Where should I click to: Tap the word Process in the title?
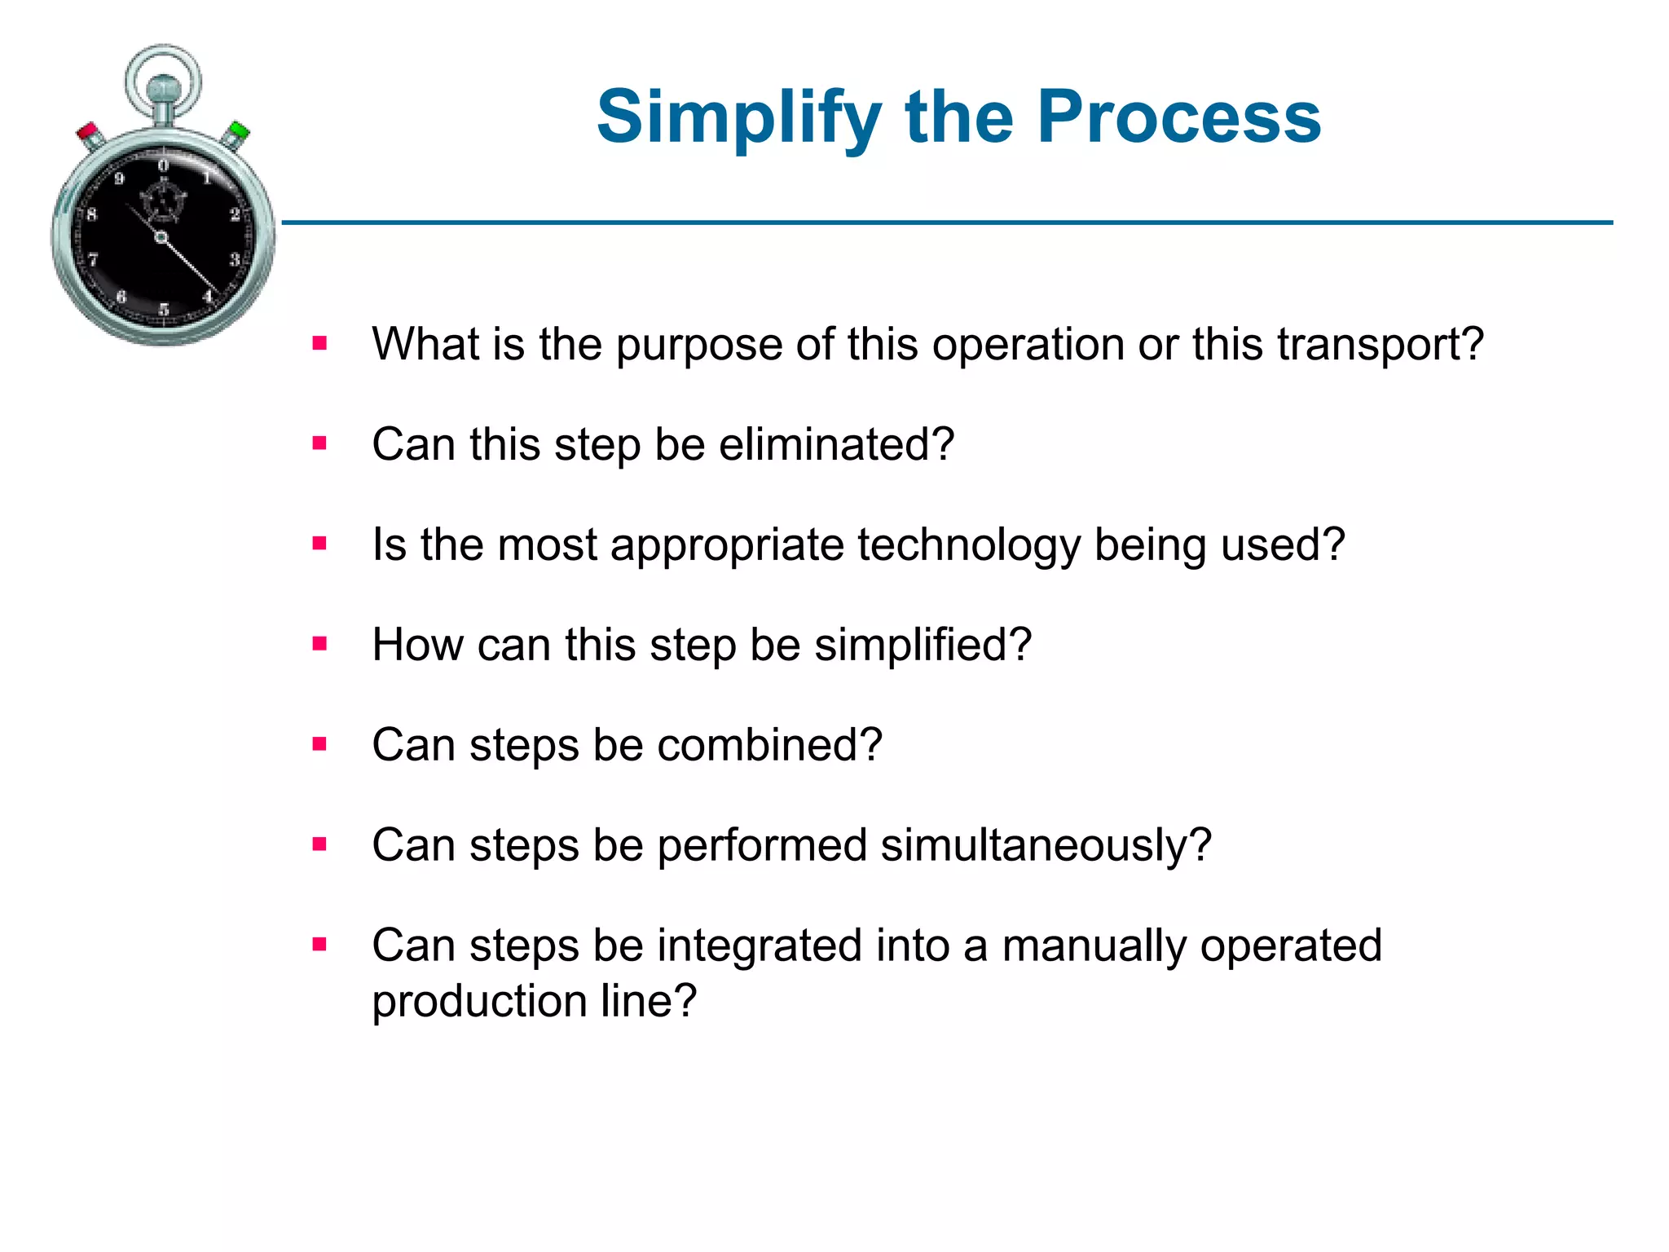[1178, 117]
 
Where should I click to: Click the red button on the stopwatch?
[89, 133]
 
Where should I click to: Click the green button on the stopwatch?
[238, 131]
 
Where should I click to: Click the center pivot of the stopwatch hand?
[161, 237]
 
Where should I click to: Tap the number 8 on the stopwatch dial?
[91, 215]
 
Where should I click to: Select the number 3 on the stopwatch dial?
[235, 260]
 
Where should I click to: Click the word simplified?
[923, 645]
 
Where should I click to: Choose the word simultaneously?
[1046, 845]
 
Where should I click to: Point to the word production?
[478, 1003]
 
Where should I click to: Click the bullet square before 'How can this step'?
[319, 644]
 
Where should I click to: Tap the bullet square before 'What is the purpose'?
[319, 343]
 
